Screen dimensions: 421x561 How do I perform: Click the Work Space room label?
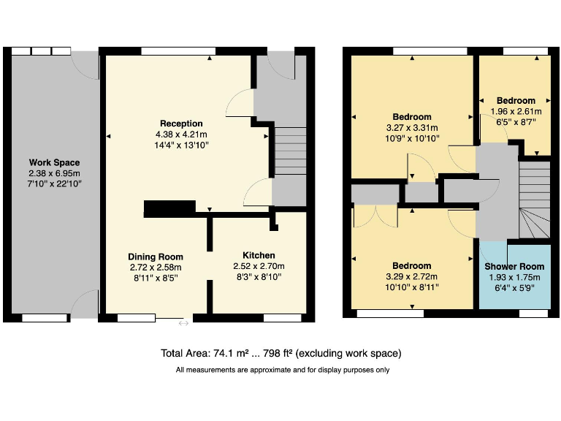[x=54, y=162]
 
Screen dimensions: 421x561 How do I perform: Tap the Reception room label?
[x=181, y=124]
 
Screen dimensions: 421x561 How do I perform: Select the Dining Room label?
[x=155, y=257]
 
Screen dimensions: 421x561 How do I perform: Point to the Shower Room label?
[x=515, y=266]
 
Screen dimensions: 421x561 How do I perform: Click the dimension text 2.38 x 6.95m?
[x=54, y=173]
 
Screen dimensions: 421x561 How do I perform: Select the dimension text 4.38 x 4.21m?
[x=181, y=134]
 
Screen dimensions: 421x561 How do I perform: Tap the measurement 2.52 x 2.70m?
[x=259, y=266]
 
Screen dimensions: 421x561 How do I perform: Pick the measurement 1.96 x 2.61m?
[x=516, y=112]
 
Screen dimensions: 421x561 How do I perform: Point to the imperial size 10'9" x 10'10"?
[x=412, y=138]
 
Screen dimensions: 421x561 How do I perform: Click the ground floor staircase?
[x=290, y=151]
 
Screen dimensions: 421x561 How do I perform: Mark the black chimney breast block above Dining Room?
[x=169, y=209]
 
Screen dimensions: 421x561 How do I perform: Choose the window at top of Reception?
[x=173, y=51]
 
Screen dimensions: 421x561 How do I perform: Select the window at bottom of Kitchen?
[x=282, y=318]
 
